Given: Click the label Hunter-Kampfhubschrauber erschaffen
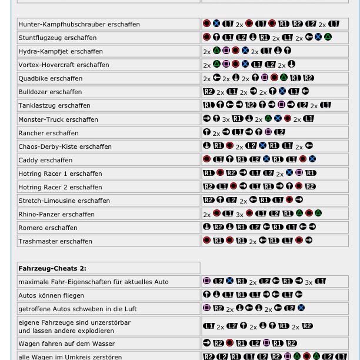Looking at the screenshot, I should (x=79, y=24).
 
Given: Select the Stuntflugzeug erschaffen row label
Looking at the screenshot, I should (x=57, y=38).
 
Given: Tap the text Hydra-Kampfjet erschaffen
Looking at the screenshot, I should (x=60, y=51).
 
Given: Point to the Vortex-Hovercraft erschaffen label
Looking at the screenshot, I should (x=64, y=65).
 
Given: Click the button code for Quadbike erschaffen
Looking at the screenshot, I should (x=258, y=78).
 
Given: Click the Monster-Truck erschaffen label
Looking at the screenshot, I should (x=58, y=119).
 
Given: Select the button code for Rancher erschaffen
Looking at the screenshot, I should (x=244, y=132).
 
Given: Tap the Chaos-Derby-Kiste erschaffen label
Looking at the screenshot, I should (x=65, y=146).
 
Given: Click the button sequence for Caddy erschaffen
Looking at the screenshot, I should (x=259, y=159).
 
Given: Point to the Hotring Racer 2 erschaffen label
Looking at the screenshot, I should (x=60, y=187).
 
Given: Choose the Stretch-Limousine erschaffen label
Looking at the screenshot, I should (x=64, y=201).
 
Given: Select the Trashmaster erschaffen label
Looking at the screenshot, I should (x=55, y=241).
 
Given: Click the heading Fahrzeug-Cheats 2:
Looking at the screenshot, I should (x=52, y=268).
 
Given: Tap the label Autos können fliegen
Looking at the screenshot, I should (x=51, y=295).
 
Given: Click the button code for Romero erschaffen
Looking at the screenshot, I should (x=259, y=227).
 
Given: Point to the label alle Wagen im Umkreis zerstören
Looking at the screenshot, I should (x=70, y=356).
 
